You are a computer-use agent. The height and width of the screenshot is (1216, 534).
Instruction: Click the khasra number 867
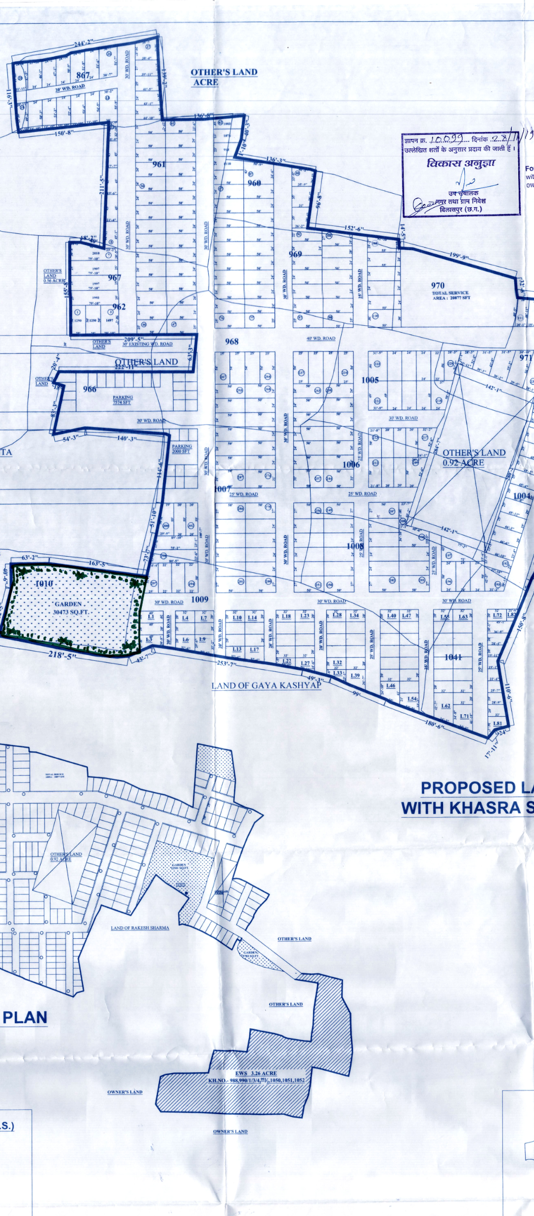(83, 75)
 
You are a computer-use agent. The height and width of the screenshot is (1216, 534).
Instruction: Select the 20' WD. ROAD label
(70, 87)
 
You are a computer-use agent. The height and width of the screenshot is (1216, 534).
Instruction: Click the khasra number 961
(159, 164)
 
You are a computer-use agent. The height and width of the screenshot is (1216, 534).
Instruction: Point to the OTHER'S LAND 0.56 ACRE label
(53, 276)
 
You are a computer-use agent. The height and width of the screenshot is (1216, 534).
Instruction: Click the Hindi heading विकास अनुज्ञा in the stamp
(461, 163)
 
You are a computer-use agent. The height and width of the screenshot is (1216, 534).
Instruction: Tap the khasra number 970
(438, 285)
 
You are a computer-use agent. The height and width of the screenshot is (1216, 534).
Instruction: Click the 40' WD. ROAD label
(321, 339)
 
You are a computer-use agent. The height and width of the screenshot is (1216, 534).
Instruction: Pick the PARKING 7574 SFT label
(122, 400)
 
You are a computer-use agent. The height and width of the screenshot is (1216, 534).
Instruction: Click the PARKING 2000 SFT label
(181, 448)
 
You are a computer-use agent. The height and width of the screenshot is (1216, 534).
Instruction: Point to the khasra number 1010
(44, 584)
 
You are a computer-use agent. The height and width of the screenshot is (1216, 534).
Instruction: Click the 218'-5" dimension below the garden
(63, 655)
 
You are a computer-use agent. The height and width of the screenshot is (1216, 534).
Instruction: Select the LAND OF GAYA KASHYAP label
(266, 686)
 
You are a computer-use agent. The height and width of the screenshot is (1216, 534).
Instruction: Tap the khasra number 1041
(453, 657)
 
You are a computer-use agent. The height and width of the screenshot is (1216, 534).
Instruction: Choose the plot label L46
(391, 686)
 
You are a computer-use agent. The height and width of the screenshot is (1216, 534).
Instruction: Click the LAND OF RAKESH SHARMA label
(140, 928)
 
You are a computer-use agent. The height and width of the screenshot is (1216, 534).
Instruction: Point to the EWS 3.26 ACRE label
(256, 1073)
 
